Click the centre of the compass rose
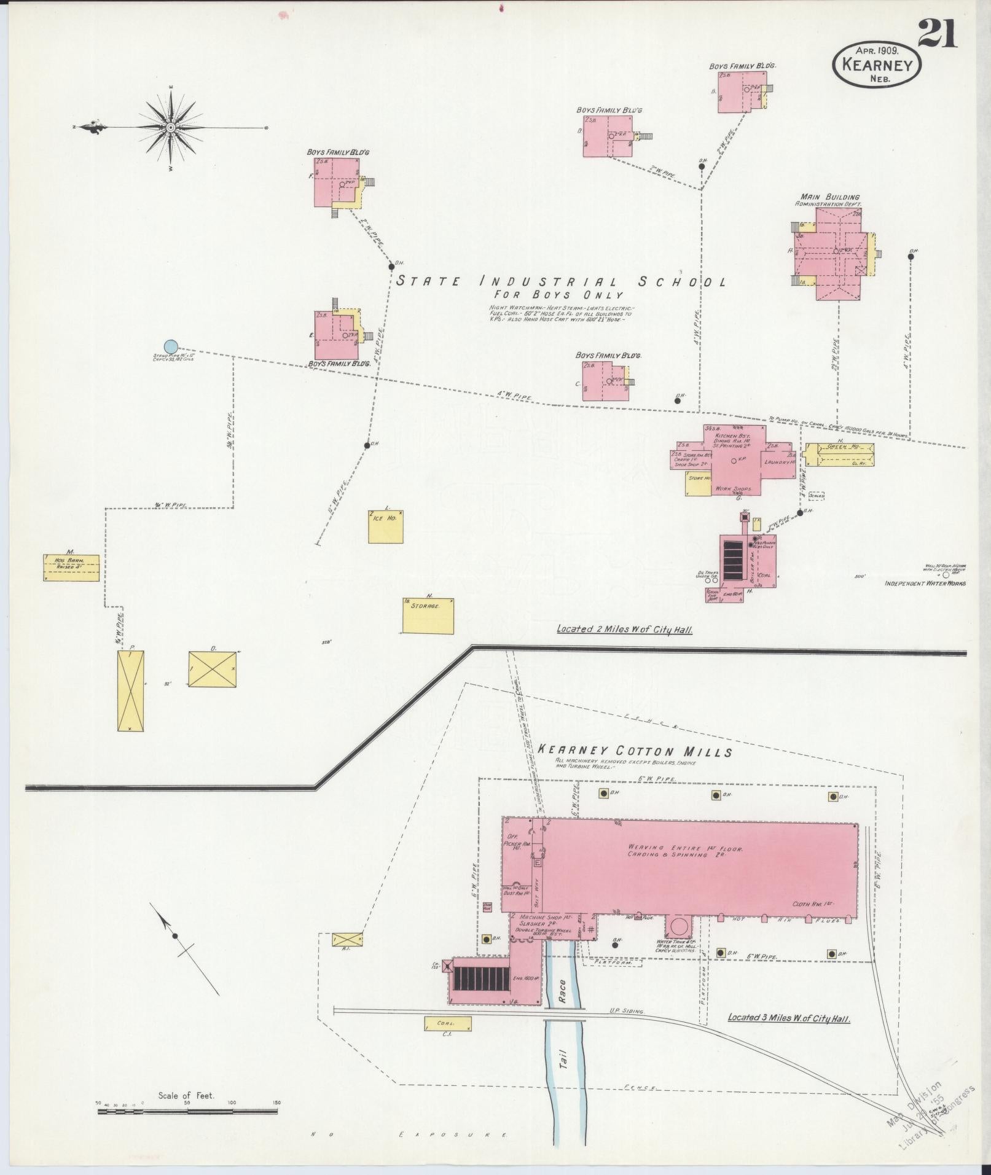tap(171, 127)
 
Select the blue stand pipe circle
tap(171, 347)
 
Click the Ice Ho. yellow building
tap(386, 526)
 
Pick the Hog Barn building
tap(72, 567)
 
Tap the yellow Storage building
tap(428, 615)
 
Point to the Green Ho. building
tap(839, 455)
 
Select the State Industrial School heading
tap(560, 282)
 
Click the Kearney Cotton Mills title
tap(635, 751)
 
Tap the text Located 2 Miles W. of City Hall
tap(624, 629)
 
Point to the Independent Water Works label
tap(925, 583)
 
